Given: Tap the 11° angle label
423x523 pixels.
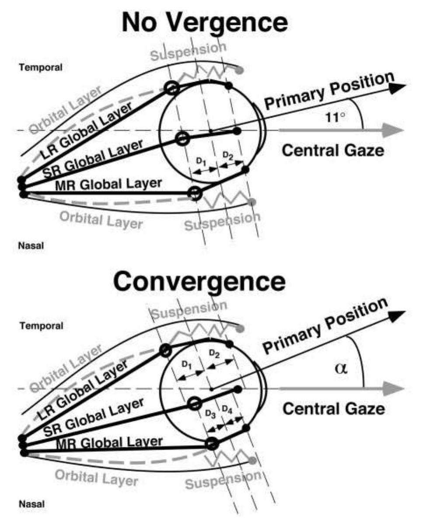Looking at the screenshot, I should click(x=337, y=117).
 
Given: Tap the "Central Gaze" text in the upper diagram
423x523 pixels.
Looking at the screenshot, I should click(x=333, y=151).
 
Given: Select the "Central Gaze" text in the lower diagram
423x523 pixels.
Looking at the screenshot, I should click(x=333, y=409).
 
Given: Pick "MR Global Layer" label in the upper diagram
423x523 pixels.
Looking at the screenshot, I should click(x=108, y=184).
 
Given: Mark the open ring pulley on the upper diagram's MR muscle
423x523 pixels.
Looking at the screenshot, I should click(x=195, y=193).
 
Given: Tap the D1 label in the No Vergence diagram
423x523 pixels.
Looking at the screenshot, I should click(x=200, y=161).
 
